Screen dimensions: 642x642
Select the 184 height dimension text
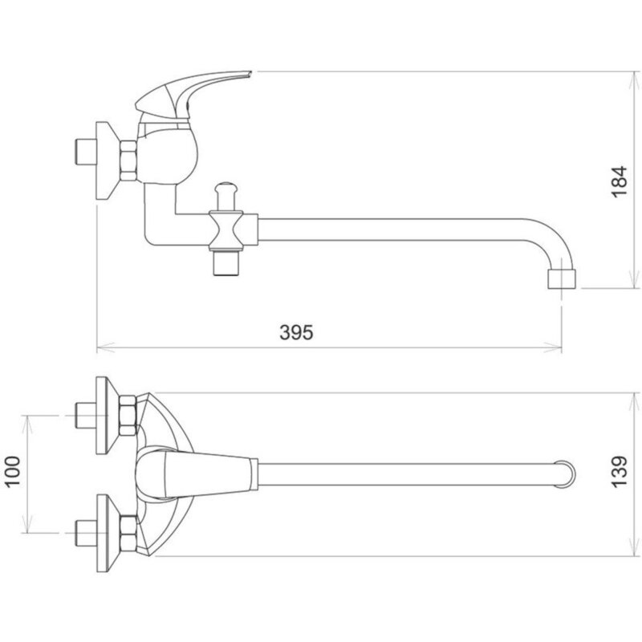[619, 182]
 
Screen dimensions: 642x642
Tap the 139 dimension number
[619, 475]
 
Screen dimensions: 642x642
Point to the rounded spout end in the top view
[567, 473]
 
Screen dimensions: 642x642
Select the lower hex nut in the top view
[128, 530]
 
